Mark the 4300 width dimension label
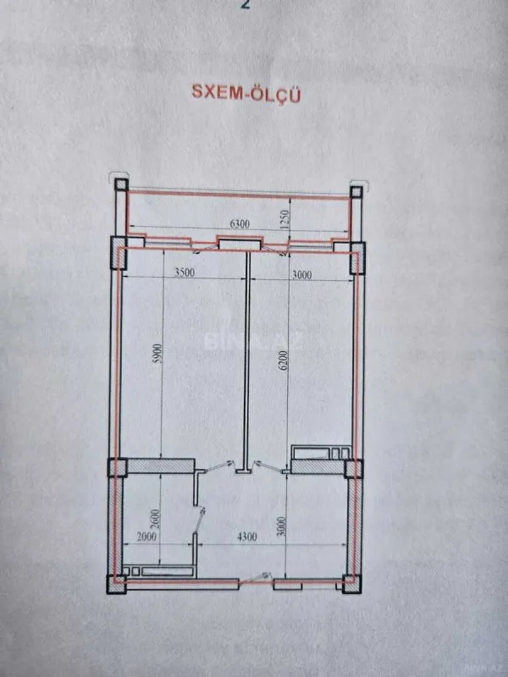point(246,536)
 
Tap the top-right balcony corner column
point(356,190)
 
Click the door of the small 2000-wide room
point(199,520)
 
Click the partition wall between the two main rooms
point(247,355)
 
